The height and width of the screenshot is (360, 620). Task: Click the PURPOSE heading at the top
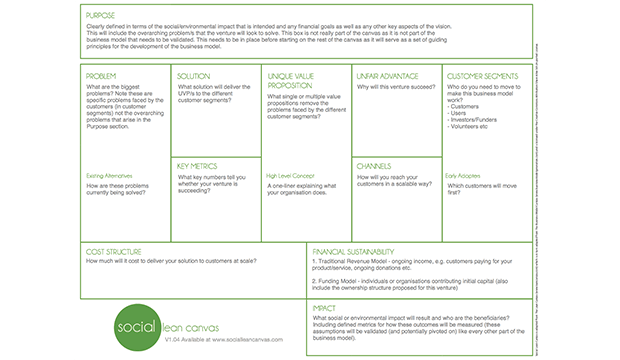(x=102, y=16)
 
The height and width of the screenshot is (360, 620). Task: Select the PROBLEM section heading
(x=103, y=76)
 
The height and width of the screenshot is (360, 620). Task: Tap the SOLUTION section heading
(x=194, y=76)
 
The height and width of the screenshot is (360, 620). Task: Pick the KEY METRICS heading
(x=198, y=166)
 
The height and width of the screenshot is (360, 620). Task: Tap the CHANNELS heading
(x=374, y=166)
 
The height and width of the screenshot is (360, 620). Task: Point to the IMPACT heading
(x=324, y=309)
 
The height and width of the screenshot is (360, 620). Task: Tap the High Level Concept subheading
(x=291, y=176)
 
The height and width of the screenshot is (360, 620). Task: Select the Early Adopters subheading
(x=464, y=176)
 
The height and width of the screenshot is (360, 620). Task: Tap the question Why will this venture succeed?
(x=395, y=86)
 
